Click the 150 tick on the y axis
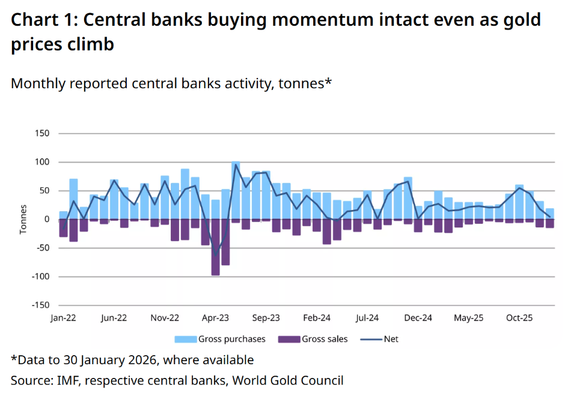42,133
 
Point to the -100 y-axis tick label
40,277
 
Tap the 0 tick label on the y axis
46,220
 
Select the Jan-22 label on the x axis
63,317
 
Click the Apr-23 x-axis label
215,317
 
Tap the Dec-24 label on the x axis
418,317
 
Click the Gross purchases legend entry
220,339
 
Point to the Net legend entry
379,339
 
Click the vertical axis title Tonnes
23,220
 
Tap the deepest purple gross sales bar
215,247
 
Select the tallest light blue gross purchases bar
236,190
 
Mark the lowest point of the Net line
215,256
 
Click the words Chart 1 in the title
41,20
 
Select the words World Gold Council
288,380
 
